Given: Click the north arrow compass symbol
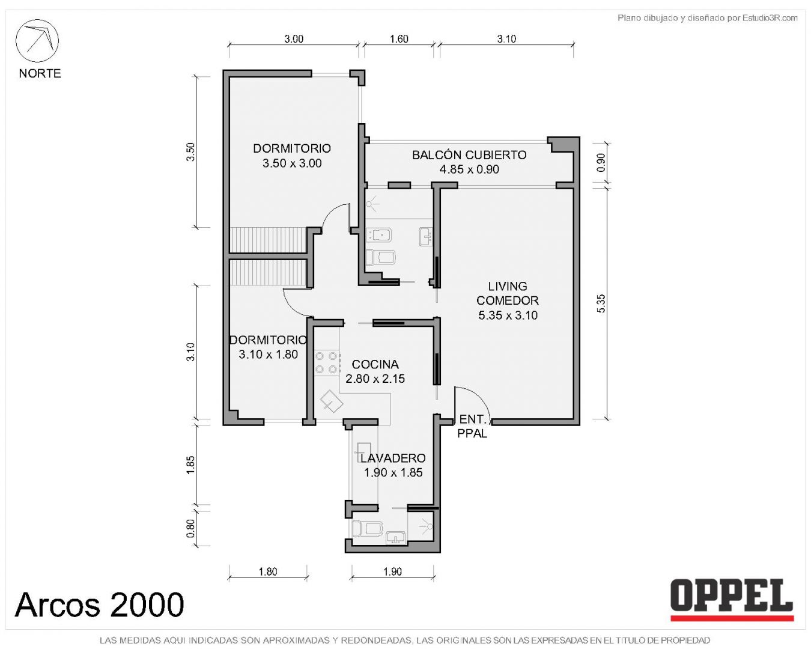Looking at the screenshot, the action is pos(37,41).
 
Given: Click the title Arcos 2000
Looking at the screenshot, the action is pos(99,605).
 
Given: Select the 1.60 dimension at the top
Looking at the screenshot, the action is pos(399,39).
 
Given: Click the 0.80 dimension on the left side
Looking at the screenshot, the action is pos(191,529).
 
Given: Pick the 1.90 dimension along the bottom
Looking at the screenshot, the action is pos(393,571).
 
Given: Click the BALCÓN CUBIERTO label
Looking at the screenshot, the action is pos(469,155).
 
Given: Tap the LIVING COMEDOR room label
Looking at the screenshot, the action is pos(508,293).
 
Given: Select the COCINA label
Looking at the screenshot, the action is pos(375,364).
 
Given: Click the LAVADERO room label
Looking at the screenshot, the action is pos(393,458).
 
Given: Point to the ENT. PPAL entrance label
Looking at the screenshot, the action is pos(472,426).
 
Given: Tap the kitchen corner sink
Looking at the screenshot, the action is pos(331,401).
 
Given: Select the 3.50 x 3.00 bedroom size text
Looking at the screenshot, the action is pos(292,163).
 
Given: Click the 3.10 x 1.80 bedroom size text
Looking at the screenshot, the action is pos(269,355).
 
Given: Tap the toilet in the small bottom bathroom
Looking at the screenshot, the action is pos(367,528).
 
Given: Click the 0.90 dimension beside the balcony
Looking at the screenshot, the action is pos(601,162).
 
